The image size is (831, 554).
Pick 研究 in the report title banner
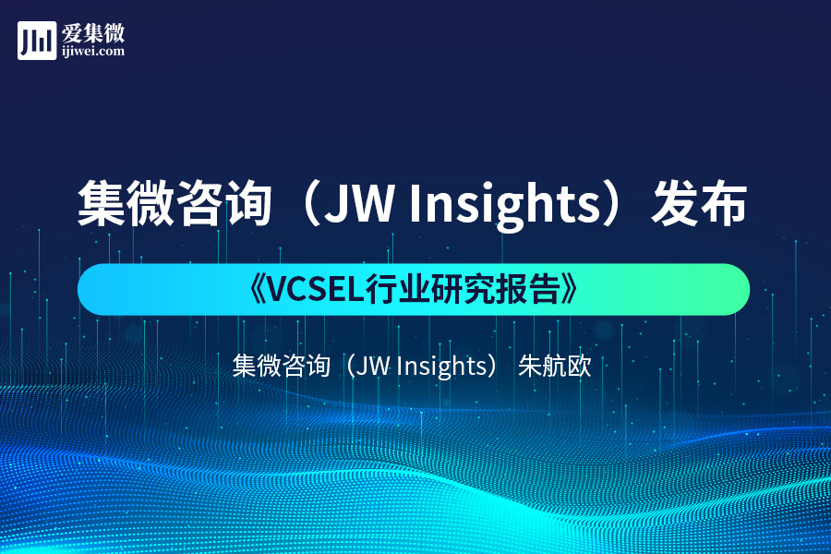(467, 290)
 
